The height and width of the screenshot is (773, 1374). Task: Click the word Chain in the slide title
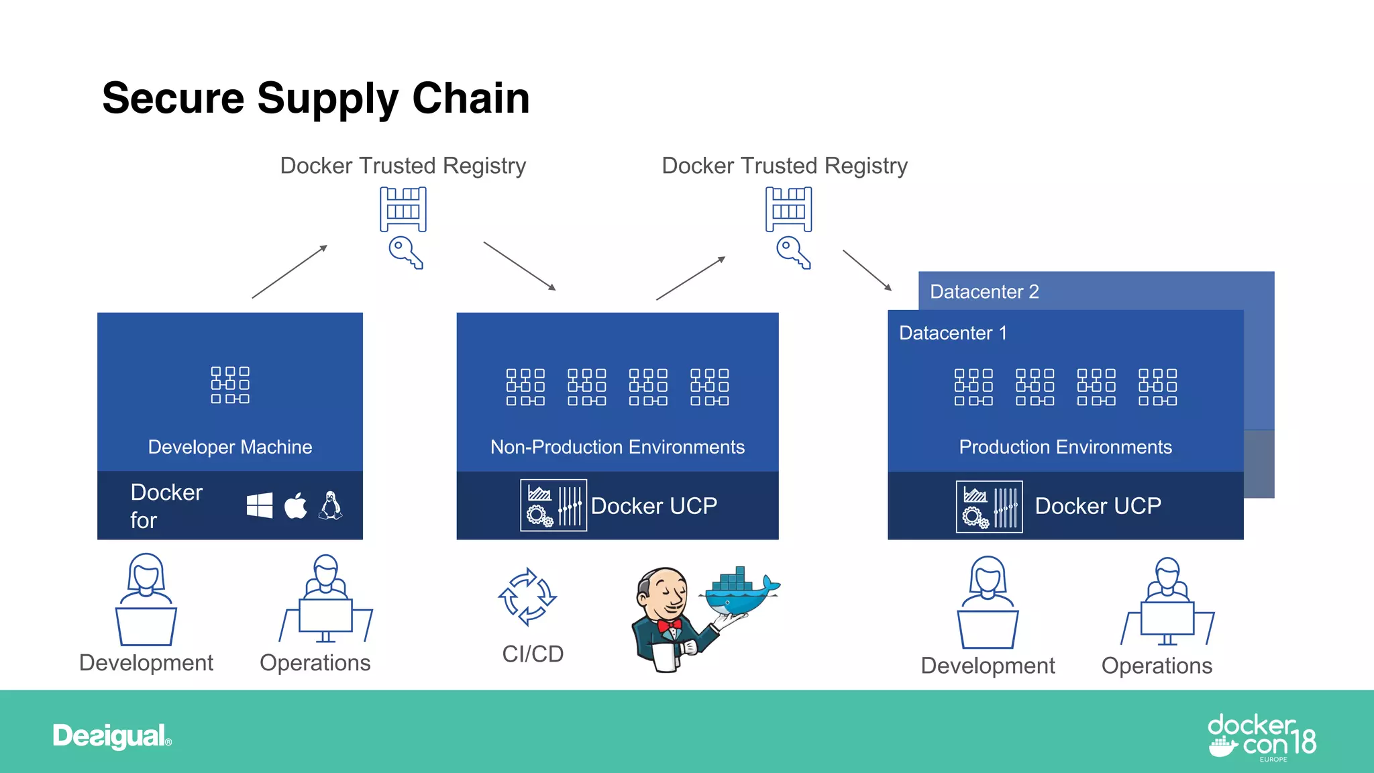470,98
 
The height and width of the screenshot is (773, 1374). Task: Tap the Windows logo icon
260,505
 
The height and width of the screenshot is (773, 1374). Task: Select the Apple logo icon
295,506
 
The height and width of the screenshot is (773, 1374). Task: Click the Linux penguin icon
330,505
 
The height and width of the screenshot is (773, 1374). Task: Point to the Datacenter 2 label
984,292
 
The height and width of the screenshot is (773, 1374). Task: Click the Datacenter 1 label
953,333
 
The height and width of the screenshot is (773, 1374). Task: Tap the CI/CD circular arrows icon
527,597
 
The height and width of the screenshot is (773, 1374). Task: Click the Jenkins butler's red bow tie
670,625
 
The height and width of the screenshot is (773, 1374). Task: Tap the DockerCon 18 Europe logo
1261,737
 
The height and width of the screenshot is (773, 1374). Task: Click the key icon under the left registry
405,252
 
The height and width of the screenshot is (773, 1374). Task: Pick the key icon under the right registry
793,252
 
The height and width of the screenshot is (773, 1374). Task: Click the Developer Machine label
230,447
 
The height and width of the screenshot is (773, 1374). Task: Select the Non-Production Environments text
617,447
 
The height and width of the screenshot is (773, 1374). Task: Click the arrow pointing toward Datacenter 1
867,270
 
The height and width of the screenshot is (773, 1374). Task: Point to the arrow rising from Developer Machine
290,272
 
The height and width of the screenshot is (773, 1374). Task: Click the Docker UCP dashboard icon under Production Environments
989,507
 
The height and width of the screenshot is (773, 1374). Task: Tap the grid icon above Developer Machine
230,385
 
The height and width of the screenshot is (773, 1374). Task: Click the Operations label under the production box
1157,666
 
